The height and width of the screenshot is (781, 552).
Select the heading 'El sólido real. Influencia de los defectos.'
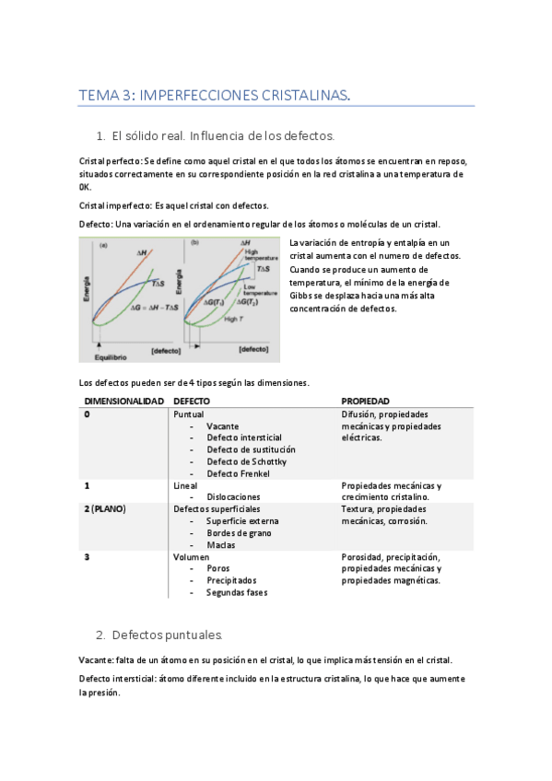tap(222, 136)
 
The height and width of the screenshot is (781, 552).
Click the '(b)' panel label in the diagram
tap(194, 244)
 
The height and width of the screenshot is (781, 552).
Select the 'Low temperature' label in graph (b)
tap(260, 291)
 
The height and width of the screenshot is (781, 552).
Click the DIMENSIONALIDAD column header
tap(124, 402)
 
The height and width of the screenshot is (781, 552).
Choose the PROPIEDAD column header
tap(365, 402)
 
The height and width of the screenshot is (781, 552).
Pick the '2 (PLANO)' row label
tap(105, 508)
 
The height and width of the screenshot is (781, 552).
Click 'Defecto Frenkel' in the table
tap(238, 473)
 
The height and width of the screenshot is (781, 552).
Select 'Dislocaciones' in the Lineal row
tap(234, 496)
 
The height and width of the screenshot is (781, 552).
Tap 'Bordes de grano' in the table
tap(238, 532)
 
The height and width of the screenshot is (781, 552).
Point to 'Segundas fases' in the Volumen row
tap(237, 592)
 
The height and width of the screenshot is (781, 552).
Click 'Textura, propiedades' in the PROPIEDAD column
tap(384, 508)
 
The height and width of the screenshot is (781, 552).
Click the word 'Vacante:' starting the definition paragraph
tap(96, 660)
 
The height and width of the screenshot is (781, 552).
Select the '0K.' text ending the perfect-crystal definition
tap(85, 186)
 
